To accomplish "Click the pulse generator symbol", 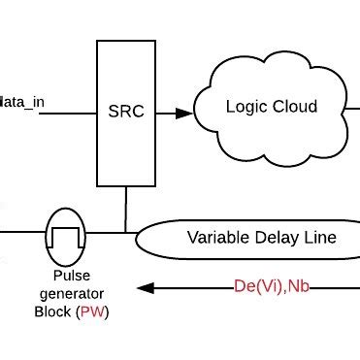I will pos(66,233).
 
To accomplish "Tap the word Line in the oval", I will pos(324,237).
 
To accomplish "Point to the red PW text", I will pos(109,313).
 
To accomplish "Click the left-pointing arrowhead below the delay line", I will pos(145,288).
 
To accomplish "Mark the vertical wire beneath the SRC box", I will pos(125,210).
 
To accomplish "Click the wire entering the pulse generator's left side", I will pos(23,233).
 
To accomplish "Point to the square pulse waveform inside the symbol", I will pos(66,233).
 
